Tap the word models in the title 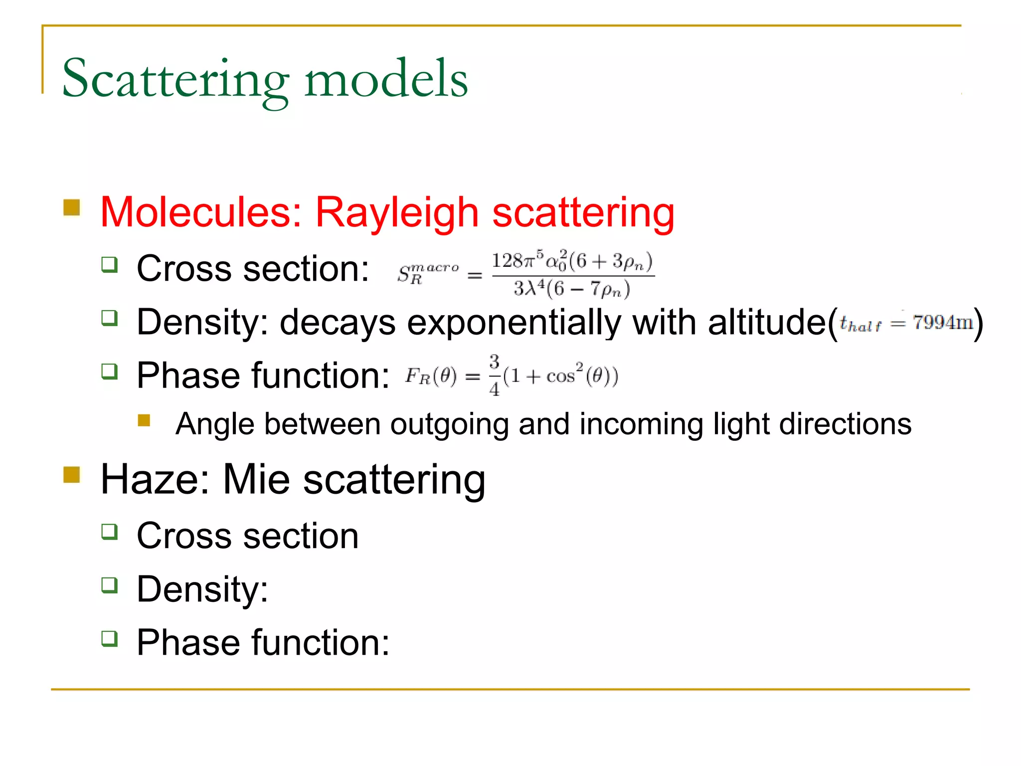point(386,79)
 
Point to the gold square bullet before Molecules point(72,207)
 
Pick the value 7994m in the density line point(943,323)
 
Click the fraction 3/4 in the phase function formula point(494,375)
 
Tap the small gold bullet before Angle point(144,420)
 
